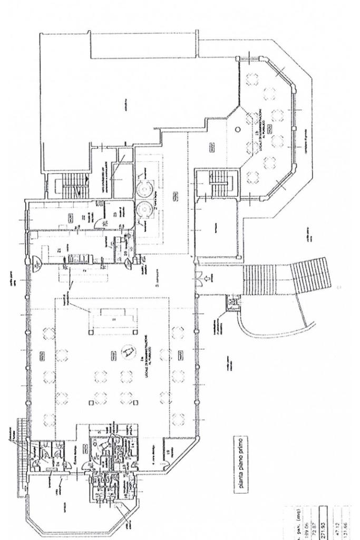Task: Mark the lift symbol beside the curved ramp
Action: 230,302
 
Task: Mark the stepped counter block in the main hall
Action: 114,320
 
